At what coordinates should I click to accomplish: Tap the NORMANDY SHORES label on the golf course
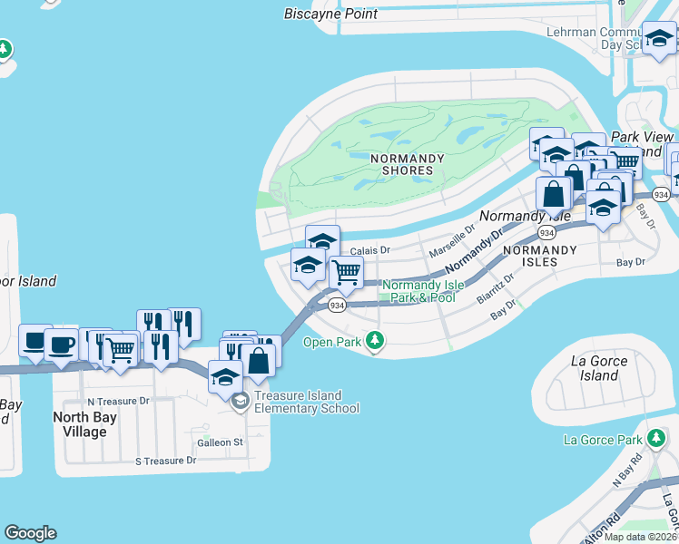coord(408,164)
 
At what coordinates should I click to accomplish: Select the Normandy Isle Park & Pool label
coord(418,291)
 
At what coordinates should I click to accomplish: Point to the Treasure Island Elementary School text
coord(307,402)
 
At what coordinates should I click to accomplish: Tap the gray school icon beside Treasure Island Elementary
coord(240,402)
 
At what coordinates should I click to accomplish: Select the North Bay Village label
coord(93,424)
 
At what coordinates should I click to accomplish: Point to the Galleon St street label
coord(221,442)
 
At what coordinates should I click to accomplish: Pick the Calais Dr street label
coord(369,250)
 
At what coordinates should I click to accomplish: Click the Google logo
coord(30,533)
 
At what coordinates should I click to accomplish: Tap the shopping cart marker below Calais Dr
coord(345,271)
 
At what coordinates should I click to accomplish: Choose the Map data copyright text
coord(640,537)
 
